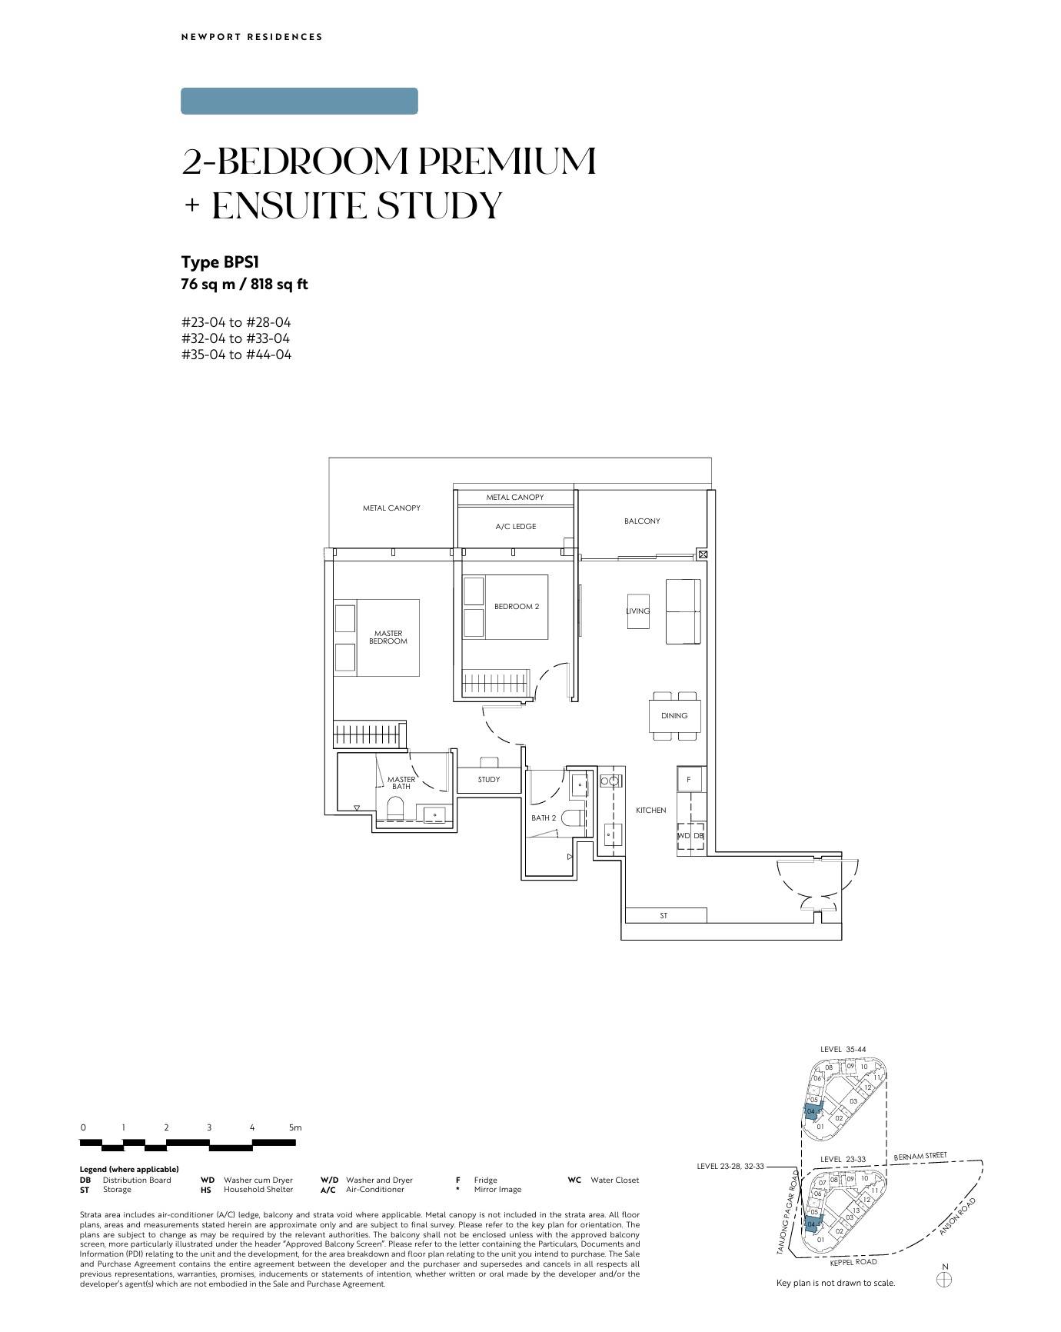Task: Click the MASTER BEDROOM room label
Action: click(388, 638)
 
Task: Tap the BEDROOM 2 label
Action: click(517, 607)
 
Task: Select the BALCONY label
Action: click(642, 521)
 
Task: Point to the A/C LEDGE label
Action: click(516, 527)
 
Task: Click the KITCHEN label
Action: click(651, 811)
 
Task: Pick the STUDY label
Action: click(489, 780)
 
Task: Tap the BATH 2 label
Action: click(544, 818)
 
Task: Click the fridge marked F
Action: click(689, 780)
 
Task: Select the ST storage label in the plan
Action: click(664, 916)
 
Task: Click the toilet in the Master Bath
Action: click(395, 808)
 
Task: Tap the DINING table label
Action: click(674, 716)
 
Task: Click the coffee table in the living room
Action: click(638, 611)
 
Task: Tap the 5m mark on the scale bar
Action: click(295, 1127)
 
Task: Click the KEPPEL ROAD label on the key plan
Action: click(853, 1262)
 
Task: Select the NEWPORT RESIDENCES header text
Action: click(252, 37)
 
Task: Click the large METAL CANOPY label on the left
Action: click(392, 508)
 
